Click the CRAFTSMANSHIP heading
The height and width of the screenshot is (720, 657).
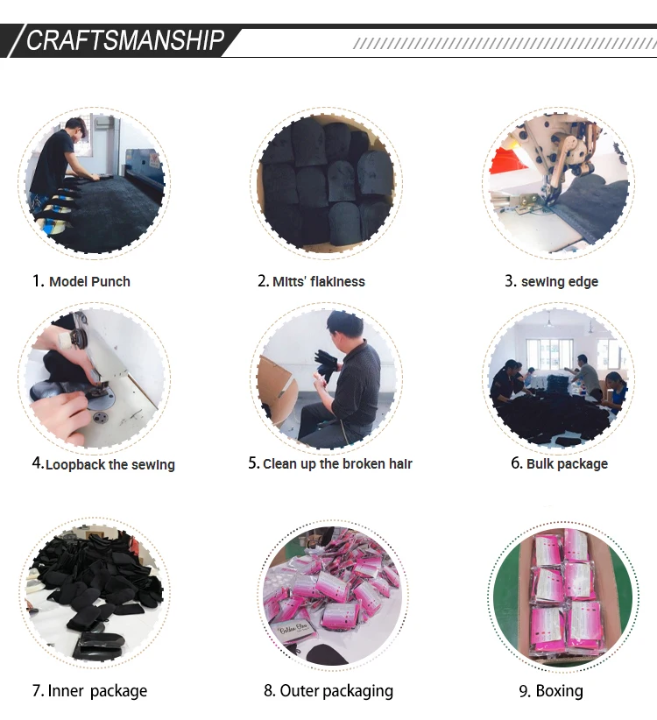click(125, 40)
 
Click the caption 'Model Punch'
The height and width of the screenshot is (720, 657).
click(89, 281)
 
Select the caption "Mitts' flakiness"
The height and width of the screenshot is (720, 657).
click(319, 281)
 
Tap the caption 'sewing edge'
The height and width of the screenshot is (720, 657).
click(560, 282)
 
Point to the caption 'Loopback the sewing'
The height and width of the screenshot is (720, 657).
click(110, 465)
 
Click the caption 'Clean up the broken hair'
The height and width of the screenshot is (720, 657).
click(337, 463)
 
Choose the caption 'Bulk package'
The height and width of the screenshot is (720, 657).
click(567, 463)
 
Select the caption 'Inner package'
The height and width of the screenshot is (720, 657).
click(97, 691)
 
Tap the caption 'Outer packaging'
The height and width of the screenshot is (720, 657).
click(336, 691)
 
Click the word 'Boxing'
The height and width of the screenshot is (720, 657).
click(559, 691)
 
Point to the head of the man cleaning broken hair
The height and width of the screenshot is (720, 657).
click(345, 326)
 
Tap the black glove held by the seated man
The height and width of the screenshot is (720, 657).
click(326, 365)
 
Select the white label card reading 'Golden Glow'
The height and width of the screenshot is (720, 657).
click(293, 630)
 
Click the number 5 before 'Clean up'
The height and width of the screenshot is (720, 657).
click(253, 463)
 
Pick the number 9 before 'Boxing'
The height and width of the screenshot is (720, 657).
click(525, 691)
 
